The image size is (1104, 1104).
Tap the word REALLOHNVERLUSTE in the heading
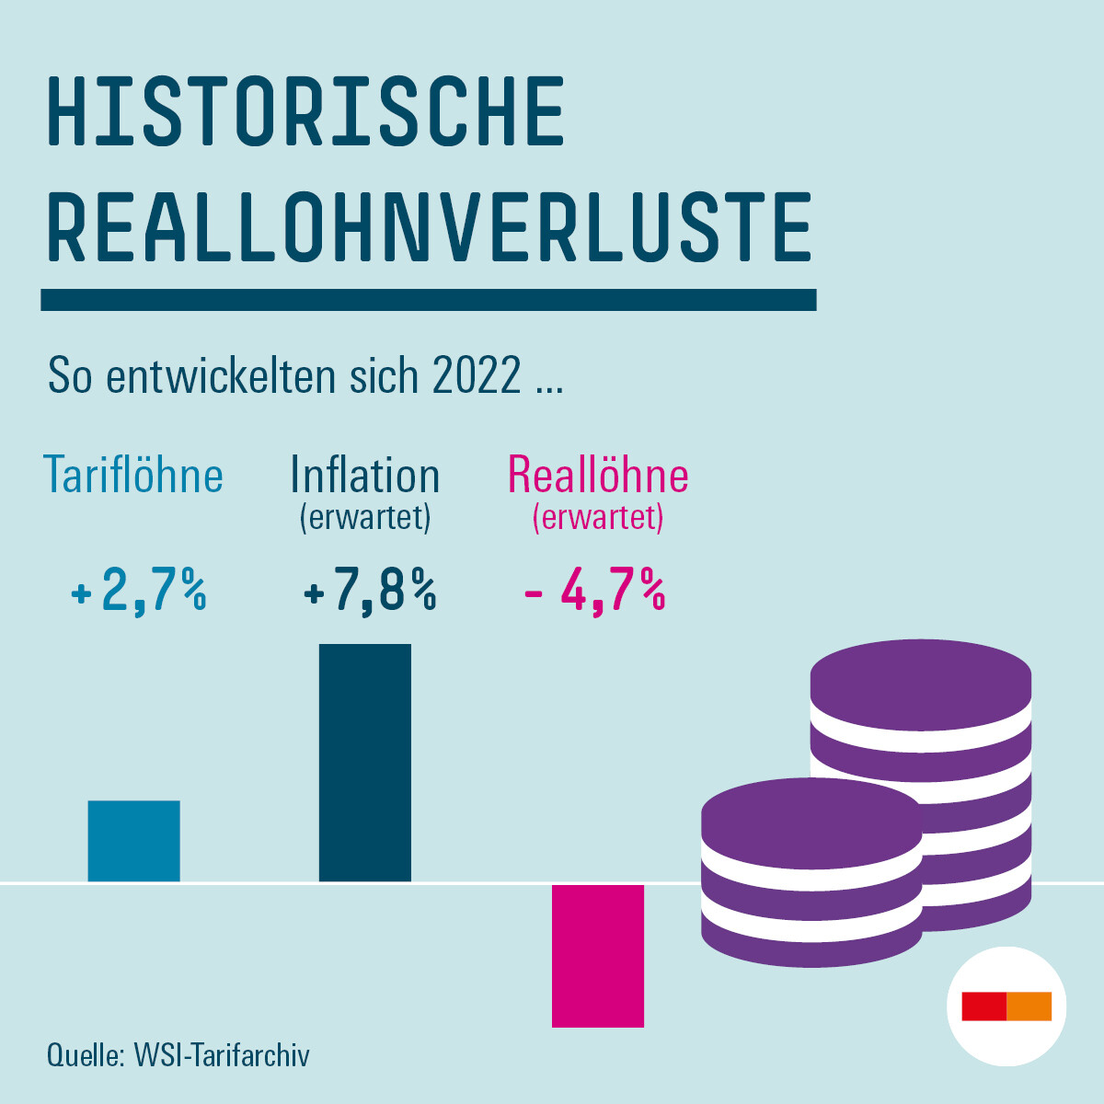point(429,227)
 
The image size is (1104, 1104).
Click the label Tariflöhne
point(134,476)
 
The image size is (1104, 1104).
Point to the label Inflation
point(365,476)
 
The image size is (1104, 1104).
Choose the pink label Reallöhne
point(598,476)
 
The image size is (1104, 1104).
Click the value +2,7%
point(139,591)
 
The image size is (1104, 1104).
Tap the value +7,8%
point(370,591)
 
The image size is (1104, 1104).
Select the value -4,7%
point(595,591)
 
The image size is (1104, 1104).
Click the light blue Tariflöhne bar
point(133,841)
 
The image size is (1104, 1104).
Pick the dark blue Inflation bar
point(365,763)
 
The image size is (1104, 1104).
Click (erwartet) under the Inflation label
point(365,517)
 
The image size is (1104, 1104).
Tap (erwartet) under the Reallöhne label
point(598,517)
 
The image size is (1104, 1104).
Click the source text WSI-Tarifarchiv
point(222,1054)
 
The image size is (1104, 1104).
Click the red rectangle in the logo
point(983,1006)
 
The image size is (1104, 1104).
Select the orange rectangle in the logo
point(1029,1006)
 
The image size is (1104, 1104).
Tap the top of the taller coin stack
point(920,674)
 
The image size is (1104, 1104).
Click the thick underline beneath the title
point(429,300)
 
